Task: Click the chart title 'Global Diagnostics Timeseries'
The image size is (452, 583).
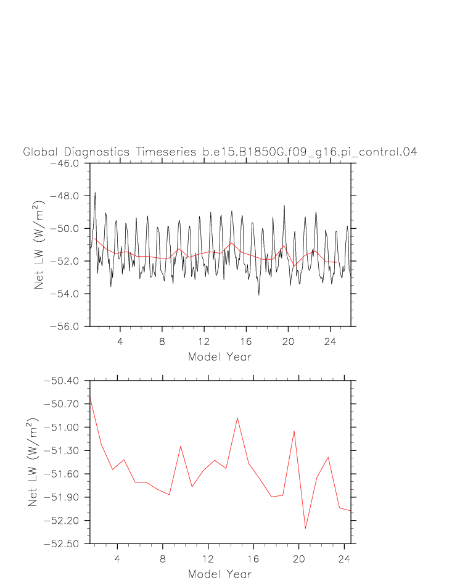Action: pyautogui.click(x=105, y=152)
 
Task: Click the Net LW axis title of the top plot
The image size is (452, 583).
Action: pyautogui.click(x=39, y=245)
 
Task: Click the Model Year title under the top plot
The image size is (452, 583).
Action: pyautogui.click(x=220, y=357)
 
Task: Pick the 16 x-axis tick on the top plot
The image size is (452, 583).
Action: pyautogui.click(x=245, y=339)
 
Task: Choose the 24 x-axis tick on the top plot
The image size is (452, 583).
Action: pyautogui.click(x=330, y=339)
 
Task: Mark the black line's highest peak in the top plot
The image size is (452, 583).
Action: pyautogui.click(x=95, y=192)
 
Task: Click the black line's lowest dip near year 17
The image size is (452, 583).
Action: pyautogui.click(x=259, y=295)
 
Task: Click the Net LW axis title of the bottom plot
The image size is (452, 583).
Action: pyautogui.click(x=34, y=463)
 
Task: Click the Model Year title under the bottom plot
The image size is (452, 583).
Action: pyautogui.click(x=220, y=574)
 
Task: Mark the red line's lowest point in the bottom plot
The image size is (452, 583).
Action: pyautogui.click(x=305, y=529)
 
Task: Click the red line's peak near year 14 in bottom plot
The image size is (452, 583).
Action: pyautogui.click(x=237, y=418)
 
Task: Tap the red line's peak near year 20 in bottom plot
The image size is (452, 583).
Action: pyautogui.click(x=294, y=431)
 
